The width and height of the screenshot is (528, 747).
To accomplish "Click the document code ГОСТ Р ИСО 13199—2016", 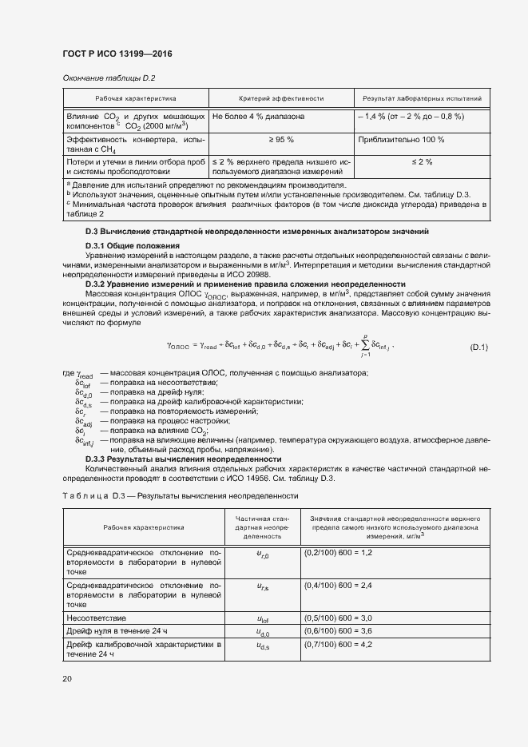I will pos(117,54).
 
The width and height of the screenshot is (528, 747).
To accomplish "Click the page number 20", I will pos(67,679).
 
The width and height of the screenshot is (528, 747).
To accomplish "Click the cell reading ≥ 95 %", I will pos(281,140).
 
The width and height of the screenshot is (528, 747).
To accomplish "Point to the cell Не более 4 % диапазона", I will pos(258,117).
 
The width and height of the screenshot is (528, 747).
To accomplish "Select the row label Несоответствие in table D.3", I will pos(97,618).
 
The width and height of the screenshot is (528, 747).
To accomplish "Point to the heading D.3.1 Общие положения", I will pos(132,244).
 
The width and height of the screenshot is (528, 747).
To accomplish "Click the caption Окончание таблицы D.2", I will pos(108,77).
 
